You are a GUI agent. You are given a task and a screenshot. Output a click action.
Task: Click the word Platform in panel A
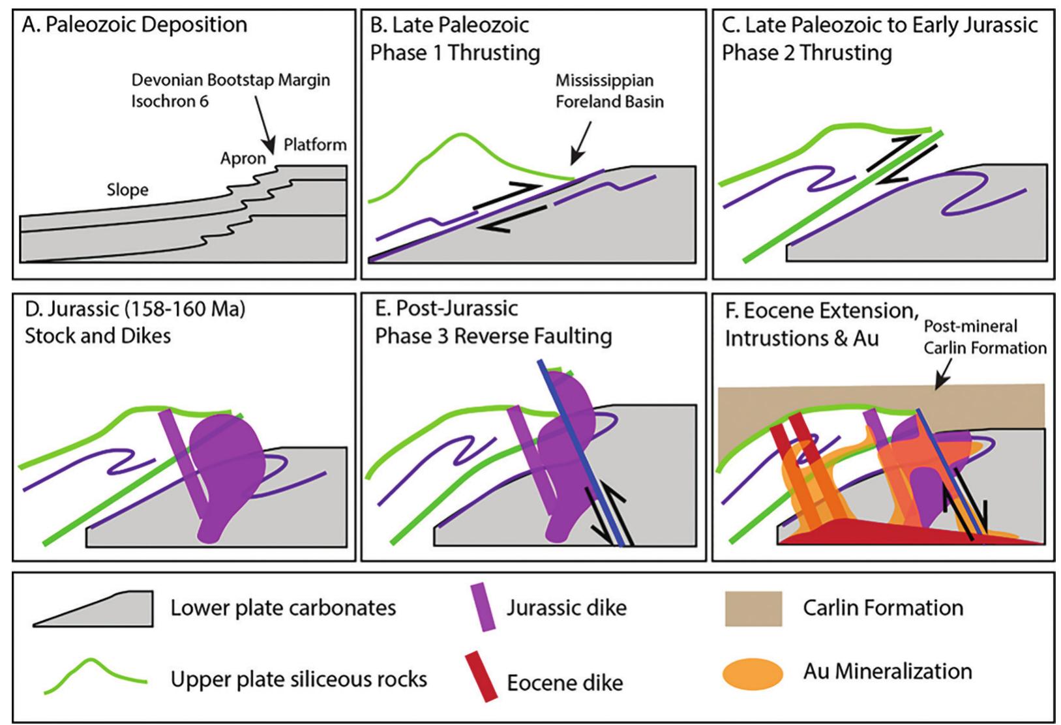pos(314,144)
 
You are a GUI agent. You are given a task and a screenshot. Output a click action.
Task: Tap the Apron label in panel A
pos(243,158)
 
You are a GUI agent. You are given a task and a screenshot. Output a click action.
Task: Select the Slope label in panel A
pos(127,190)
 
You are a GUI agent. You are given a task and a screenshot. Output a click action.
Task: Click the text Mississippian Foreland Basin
pos(608,91)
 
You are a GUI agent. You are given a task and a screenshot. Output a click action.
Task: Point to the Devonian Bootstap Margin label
pos(231,80)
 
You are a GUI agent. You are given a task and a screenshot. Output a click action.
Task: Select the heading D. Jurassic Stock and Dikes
pos(135,322)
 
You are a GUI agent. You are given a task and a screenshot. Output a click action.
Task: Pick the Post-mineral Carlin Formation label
pos(984,336)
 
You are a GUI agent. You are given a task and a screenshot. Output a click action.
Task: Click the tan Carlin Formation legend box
pos(753,608)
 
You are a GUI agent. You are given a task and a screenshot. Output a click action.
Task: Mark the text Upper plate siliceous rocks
pos(299,679)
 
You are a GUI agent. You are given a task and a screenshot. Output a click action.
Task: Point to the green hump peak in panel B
pos(461,134)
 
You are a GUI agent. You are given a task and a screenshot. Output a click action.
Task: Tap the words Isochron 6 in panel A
pos(170,101)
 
